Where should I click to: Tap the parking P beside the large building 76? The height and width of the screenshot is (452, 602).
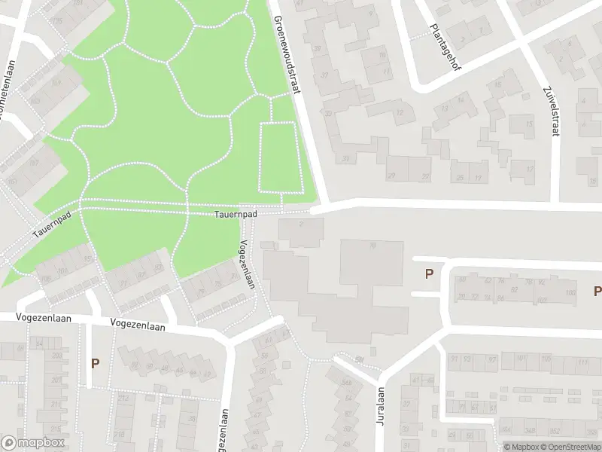pyautogui.click(x=429, y=274)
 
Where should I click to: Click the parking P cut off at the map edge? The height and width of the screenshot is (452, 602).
pyautogui.click(x=597, y=291)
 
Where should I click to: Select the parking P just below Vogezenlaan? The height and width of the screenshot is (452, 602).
pyautogui.click(x=95, y=363)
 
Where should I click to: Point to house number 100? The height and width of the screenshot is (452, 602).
pyautogui.click(x=570, y=292)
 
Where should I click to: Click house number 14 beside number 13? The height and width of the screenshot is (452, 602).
pyautogui.click(x=461, y=108)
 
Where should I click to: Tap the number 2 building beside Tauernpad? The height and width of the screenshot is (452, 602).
pyautogui.click(x=300, y=223)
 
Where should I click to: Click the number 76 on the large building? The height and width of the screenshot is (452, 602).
pyautogui.click(x=372, y=246)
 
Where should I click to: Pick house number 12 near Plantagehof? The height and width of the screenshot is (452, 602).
pyautogui.click(x=399, y=113)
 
